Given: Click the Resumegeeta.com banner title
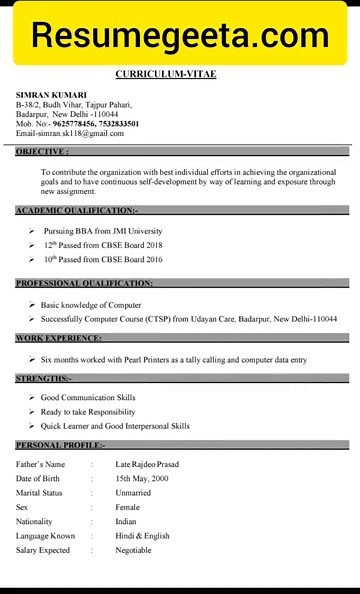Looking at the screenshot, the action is pos(180,35).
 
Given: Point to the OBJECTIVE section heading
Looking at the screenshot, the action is pos(42,152).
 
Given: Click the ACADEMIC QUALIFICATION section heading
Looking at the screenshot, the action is pos(75,210).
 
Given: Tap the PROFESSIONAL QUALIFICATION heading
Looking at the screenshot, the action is pos(84,283).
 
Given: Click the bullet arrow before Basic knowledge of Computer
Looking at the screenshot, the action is pos(32,303).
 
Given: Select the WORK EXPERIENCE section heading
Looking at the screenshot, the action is pos(58,338).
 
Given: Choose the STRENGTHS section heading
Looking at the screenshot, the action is pos(43,379).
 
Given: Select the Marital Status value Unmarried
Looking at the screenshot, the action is pos(134,493).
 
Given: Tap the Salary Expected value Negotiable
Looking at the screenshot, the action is pos(134,550).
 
